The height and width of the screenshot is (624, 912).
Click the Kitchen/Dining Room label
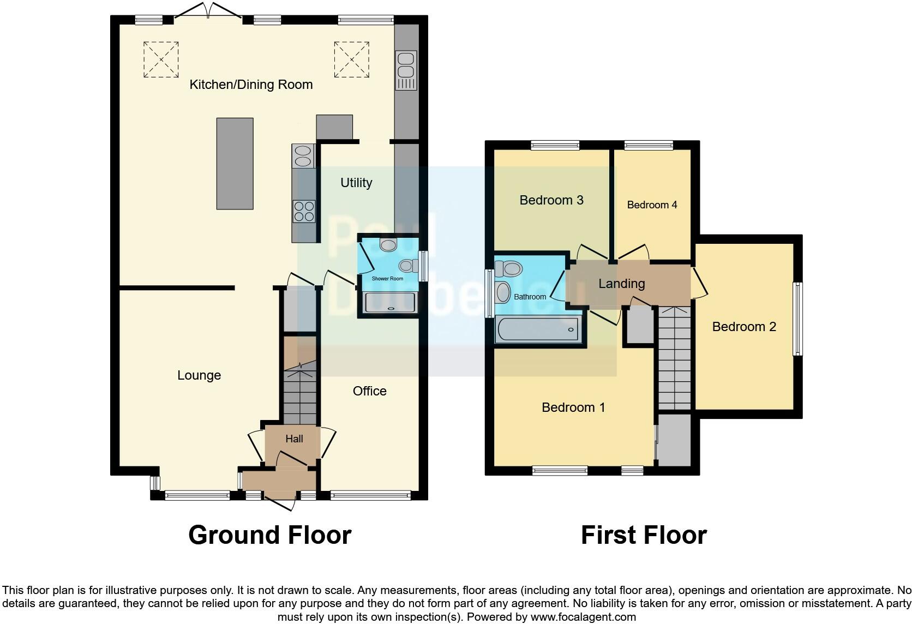[x=251, y=85]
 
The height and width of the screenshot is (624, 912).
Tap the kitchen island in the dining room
[x=235, y=164]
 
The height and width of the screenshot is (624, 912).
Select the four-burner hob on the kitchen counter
[x=304, y=212]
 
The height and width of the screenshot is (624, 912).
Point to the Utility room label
[x=356, y=183]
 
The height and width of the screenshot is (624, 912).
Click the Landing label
[x=621, y=284]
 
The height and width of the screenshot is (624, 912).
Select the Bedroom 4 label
[x=652, y=205]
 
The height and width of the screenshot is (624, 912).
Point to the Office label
[x=369, y=391]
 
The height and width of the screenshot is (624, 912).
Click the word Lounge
[x=199, y=375]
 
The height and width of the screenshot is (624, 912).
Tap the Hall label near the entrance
[x=294, y=439]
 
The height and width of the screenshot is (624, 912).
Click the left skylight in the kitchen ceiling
[x=161, y=59]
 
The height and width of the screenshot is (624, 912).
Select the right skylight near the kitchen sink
[x=351, y=59]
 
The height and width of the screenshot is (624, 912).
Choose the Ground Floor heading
[x=269, y=535]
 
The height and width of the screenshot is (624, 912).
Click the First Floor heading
[x=644, y=535]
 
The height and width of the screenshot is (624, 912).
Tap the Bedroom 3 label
[x=551, y=200]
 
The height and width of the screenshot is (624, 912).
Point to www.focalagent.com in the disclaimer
[x=583, y=617]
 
